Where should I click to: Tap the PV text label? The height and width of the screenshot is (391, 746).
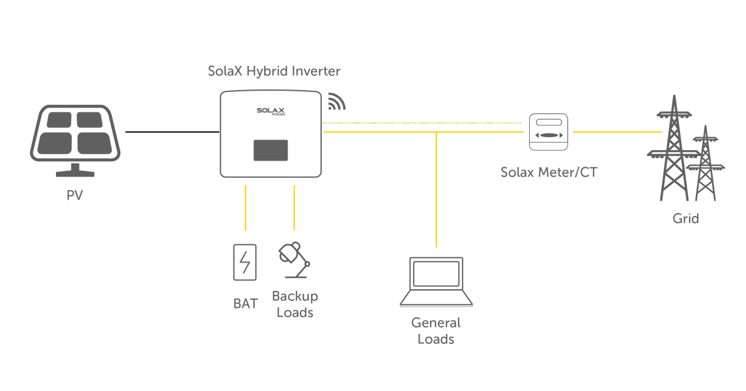coord(75,195)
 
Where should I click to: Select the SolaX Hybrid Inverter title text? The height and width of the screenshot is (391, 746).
coord(274,71)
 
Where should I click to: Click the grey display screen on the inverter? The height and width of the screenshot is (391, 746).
coord(270,150)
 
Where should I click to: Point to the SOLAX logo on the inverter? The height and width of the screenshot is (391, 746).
coord(271,111)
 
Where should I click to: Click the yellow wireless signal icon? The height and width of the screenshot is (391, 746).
coord(336,102)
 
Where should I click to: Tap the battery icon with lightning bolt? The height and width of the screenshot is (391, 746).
coord(245,262)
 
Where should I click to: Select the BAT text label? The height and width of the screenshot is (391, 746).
coord(245,304)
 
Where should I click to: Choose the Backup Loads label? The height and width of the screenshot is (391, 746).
coord(295,304)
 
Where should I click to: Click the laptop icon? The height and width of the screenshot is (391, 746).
coord(436,282)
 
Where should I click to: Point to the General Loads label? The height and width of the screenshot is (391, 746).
coord(436,331)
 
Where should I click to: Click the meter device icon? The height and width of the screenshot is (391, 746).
coord(548,132)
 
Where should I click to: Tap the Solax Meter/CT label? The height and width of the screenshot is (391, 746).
coord(548,173)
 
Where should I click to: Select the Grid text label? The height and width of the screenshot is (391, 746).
coord(686,219)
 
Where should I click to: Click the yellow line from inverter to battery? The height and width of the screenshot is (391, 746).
coord(245,207)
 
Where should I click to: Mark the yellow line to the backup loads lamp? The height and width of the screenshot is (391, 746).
coord(294,207)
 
